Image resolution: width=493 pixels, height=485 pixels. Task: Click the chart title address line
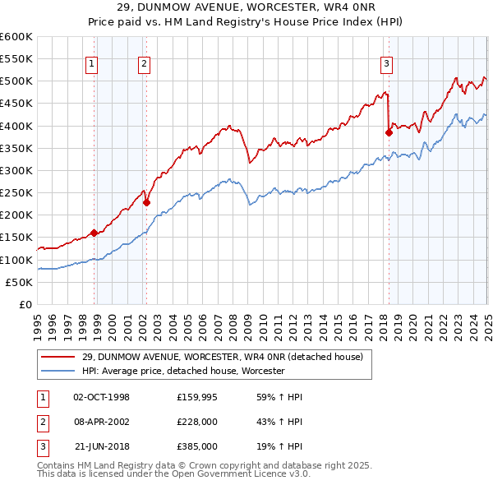click(246, 8)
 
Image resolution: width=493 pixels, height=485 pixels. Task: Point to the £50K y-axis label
click(20, 282)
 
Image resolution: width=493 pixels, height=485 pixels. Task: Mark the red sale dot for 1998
click(94, 233)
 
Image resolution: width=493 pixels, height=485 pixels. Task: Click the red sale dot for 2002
click(147, 202)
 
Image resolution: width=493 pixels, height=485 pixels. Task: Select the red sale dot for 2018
click(389, 132)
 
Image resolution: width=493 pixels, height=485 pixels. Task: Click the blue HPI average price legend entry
click(183, 371)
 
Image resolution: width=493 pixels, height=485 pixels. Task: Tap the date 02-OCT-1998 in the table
click(102, 397)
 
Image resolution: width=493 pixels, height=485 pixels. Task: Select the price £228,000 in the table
click(197, 423)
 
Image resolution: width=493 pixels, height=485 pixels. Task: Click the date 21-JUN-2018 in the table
click(102, 447)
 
